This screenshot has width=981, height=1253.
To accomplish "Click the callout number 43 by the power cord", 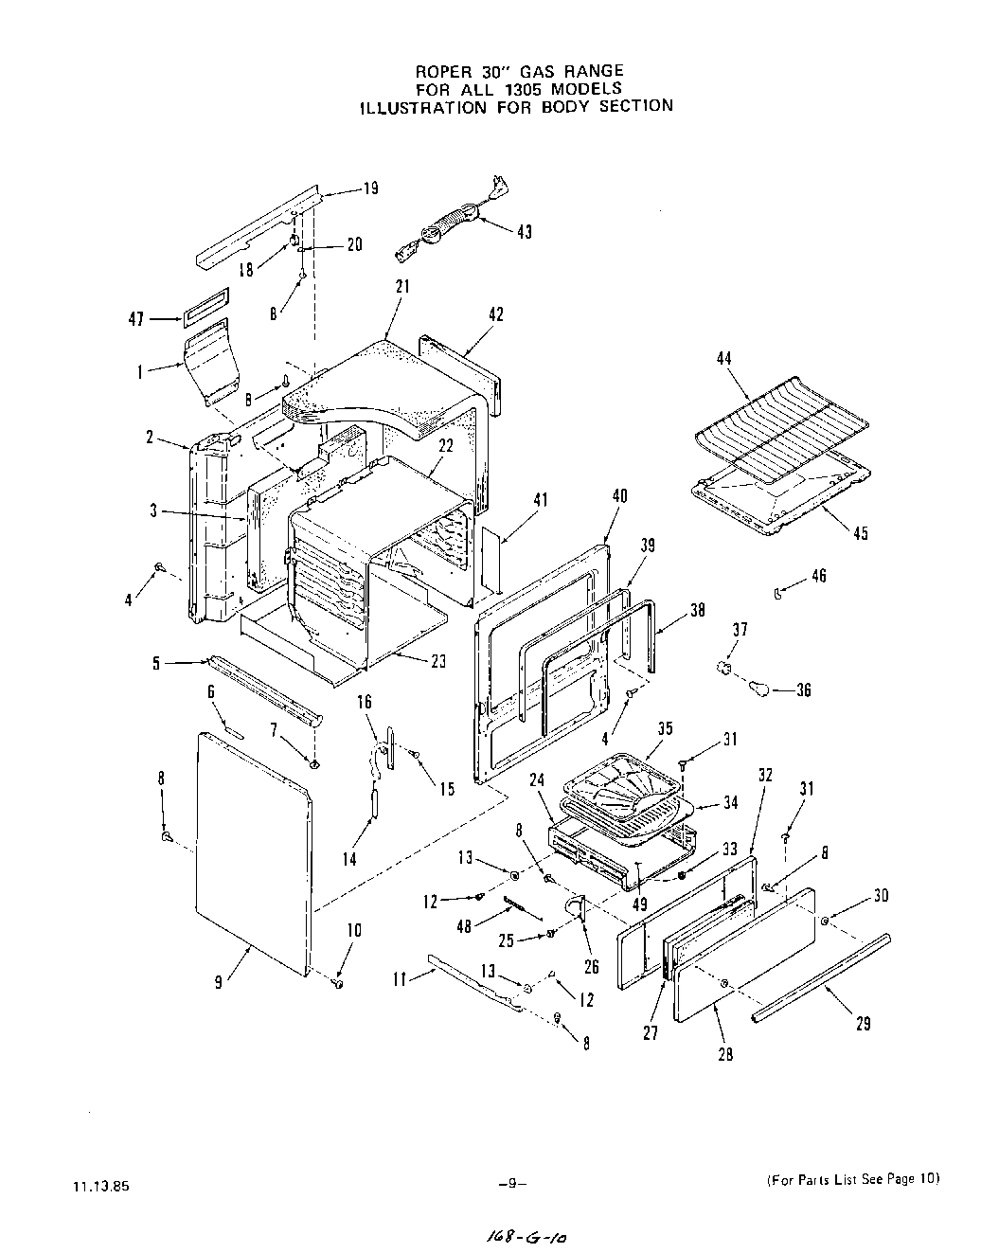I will click(x=524, y=232).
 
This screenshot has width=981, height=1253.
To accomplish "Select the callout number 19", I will click(x=371, y=188).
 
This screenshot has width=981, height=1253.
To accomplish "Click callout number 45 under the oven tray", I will click(x=860, y=533).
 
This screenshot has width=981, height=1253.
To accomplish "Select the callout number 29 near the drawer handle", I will click(x=863, y=1023).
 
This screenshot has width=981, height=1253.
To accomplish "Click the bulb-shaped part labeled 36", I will click(x=759, y=687).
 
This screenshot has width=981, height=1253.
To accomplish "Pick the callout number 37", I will click(x=740, y=629).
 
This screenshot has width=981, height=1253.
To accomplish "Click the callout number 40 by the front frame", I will click(x=620, y=496).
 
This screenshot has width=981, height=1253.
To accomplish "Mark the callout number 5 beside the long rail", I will click(x=156, y=664).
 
